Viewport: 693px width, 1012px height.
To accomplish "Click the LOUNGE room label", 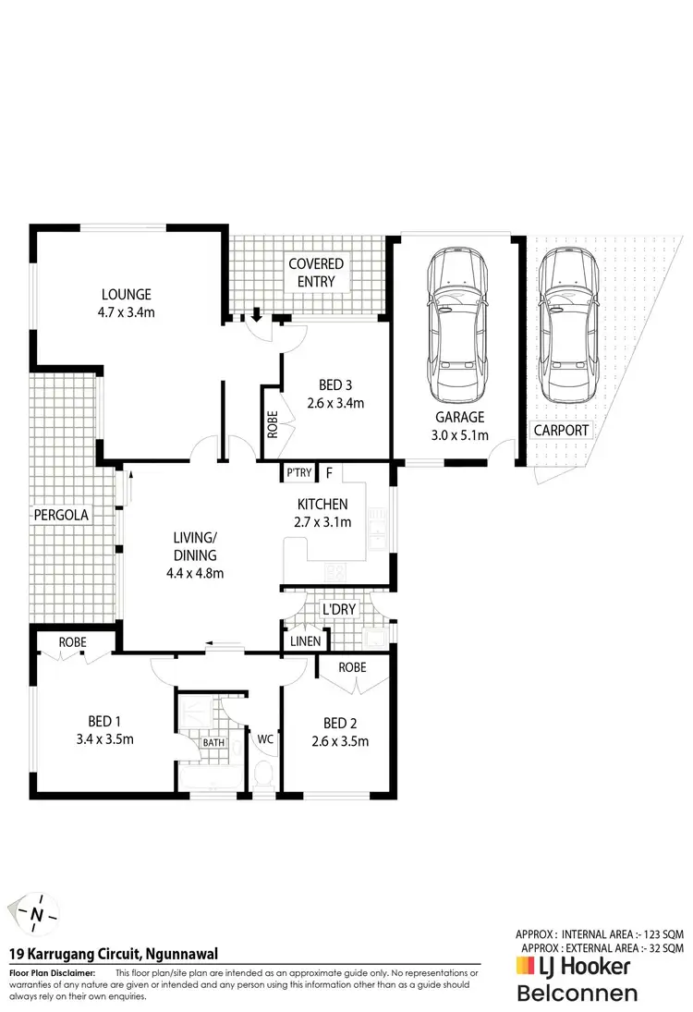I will coord(128,295).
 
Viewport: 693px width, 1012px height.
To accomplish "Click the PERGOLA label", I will coord(61,515).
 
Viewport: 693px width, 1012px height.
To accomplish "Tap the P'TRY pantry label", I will coord(298,473).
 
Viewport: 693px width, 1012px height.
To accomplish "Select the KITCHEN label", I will coord(322,505).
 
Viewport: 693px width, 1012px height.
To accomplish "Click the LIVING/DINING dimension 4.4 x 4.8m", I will coord(194,573).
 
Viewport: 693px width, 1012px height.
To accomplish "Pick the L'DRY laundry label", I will coord(334,611).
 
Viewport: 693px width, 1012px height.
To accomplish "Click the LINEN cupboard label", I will coord(305,641).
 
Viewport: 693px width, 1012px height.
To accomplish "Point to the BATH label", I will coord(214,742).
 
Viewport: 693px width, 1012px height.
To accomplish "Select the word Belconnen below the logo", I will coord(577,994).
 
